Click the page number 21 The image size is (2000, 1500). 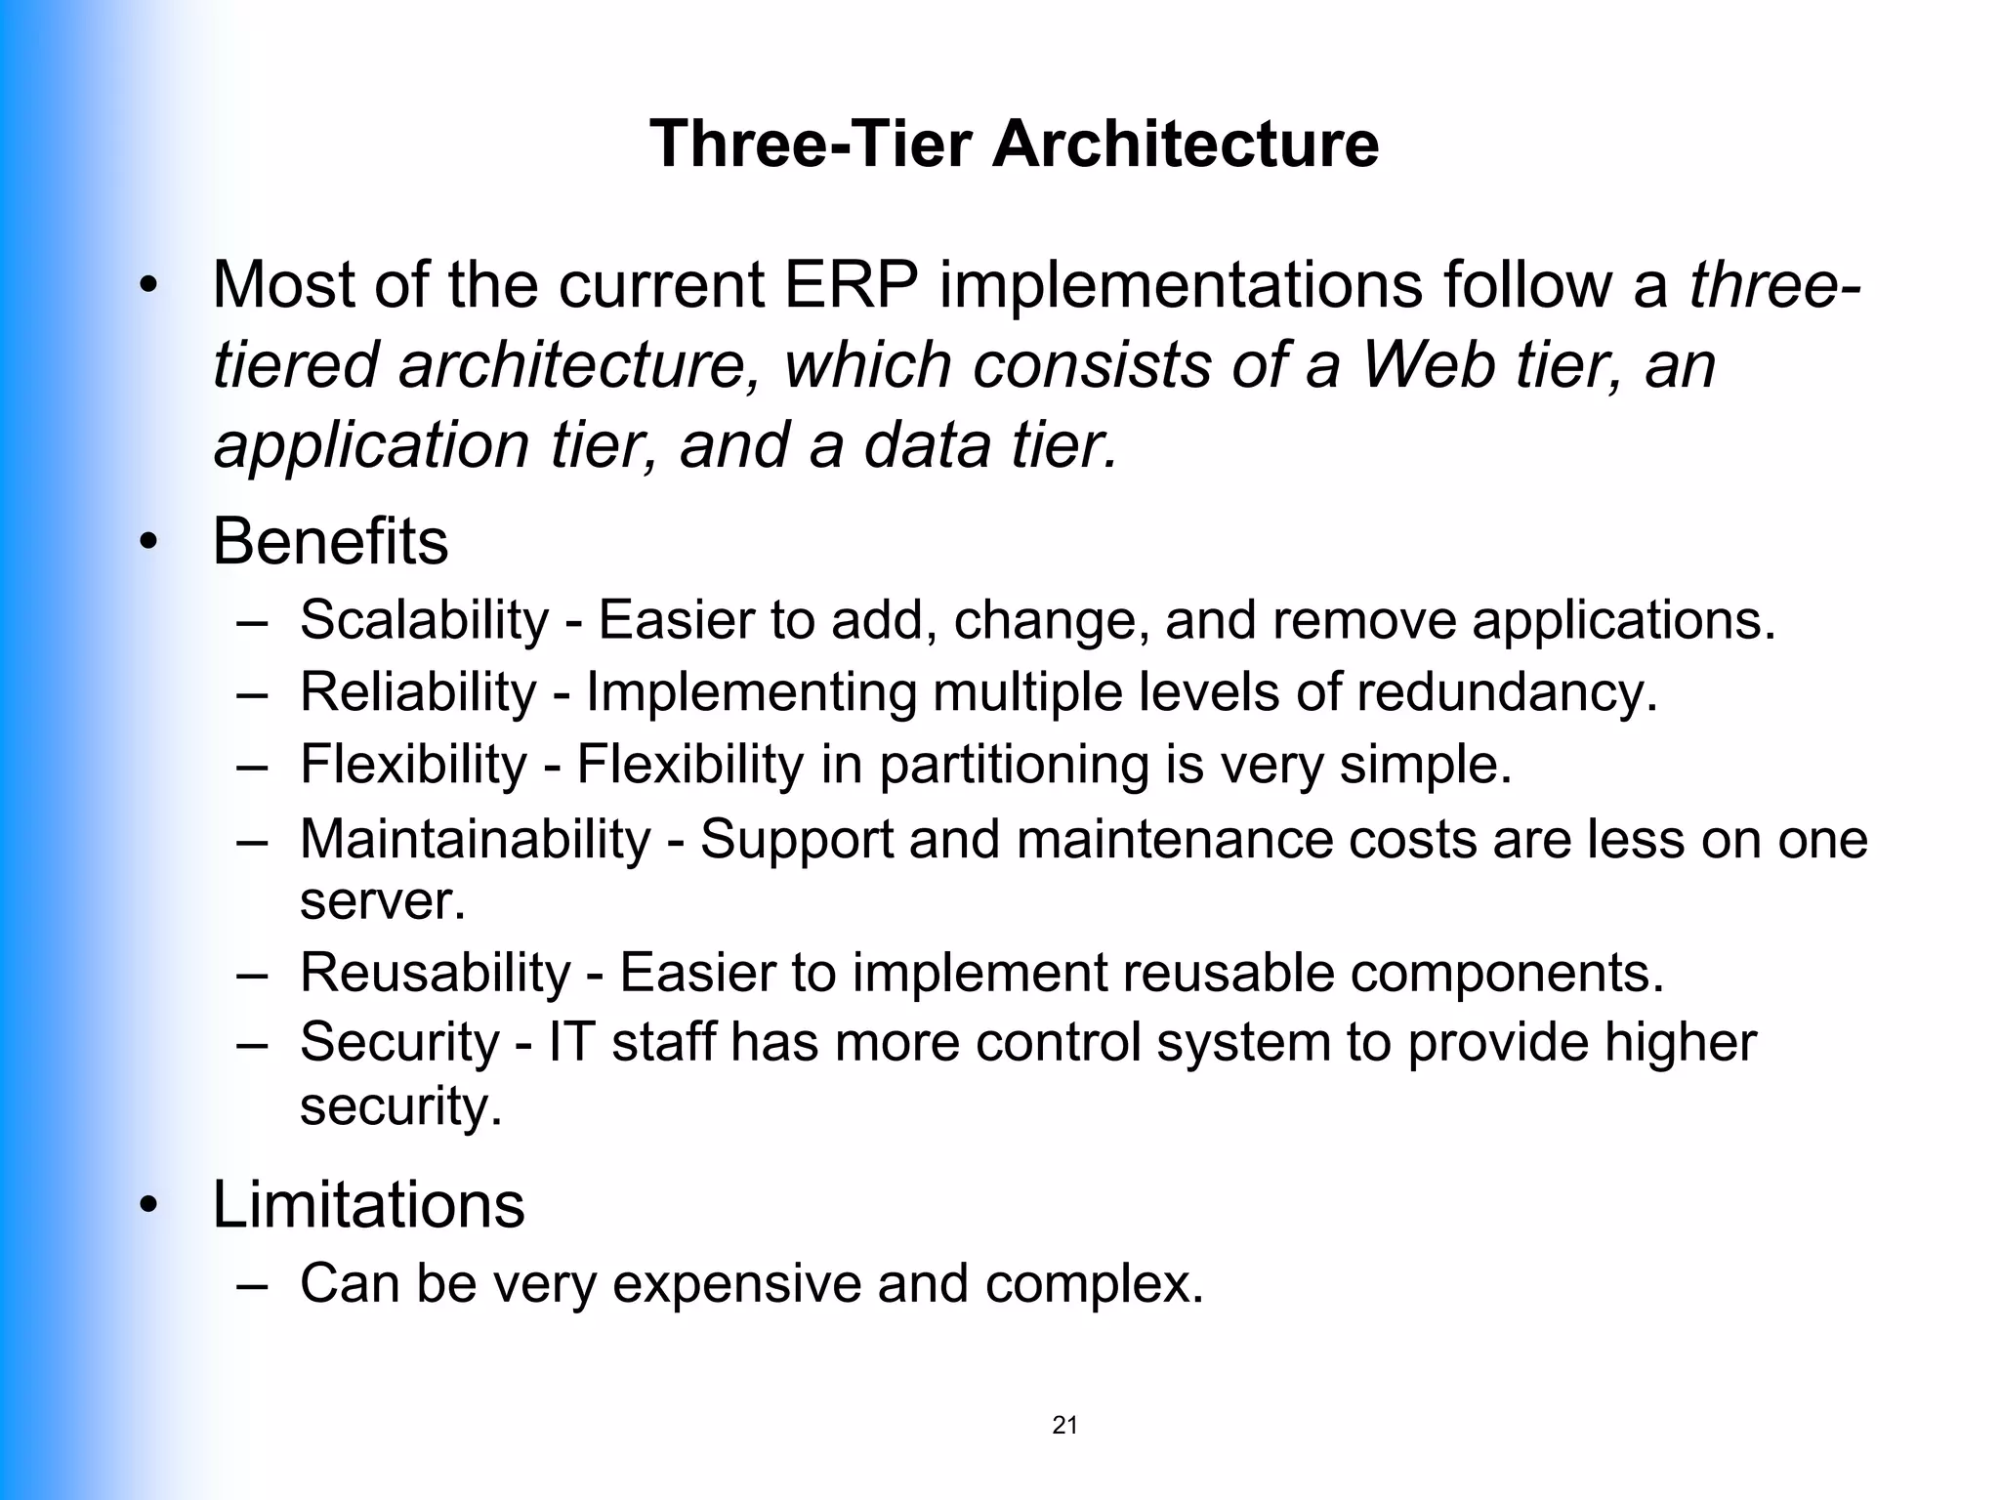[x=1064, y=1425]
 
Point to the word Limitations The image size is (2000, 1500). [x=368, y=1204]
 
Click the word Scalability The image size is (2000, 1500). [x=425, y=620]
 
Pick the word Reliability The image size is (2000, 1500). [x=418, y=692]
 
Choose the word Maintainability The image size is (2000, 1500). [x=475, y=839]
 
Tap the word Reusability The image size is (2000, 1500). [x=435, y=973]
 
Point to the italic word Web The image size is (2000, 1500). [x=1428, y=365]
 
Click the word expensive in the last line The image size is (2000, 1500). [x=736, y=1283]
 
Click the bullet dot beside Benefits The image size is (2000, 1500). [x=147, y=543]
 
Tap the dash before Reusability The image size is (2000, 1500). [x=252, y=974]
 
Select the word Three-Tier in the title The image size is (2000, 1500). [x=811, y=144]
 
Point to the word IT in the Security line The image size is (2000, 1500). [x=571, y=1042]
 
